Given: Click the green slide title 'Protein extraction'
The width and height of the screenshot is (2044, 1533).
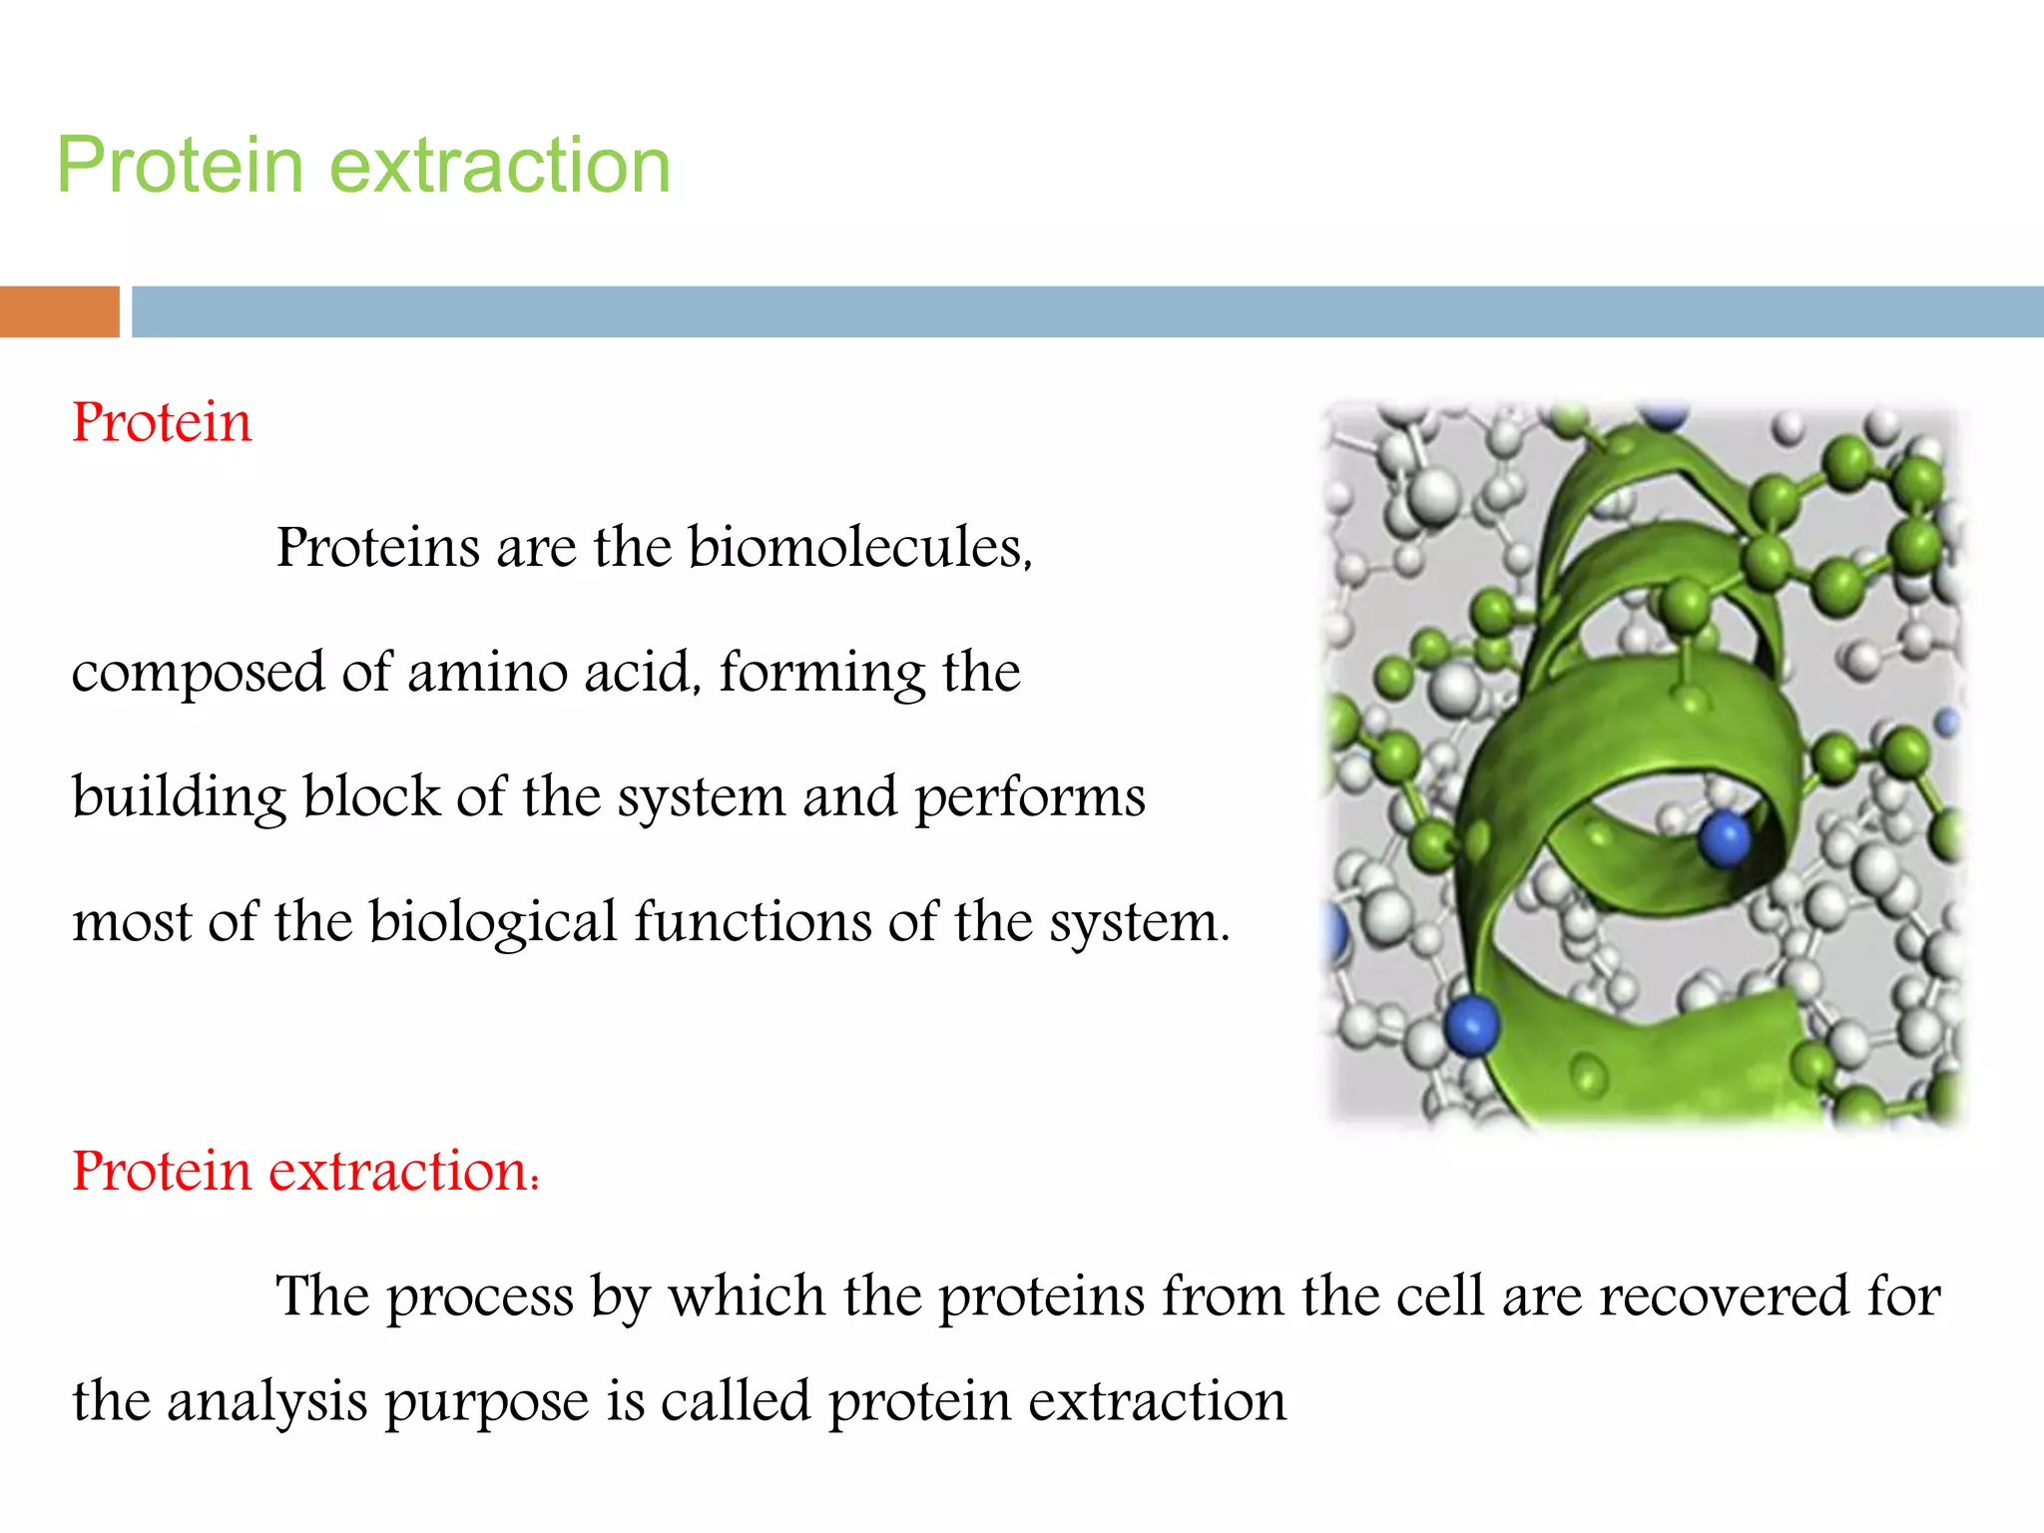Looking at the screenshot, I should tap(363, 165).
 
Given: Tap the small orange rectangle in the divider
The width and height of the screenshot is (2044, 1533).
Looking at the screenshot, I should tap(59, 311).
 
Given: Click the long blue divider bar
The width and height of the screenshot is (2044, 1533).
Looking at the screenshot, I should tap(1087, 311).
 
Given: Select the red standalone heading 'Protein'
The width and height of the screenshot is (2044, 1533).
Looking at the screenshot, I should tap(162, 422).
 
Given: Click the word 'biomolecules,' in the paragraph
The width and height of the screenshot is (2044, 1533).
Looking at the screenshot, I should tap(860, 548).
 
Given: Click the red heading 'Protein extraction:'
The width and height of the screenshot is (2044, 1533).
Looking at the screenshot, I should tap(305, 1171).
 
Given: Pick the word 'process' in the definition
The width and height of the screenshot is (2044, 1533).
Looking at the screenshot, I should tap(479, 1297).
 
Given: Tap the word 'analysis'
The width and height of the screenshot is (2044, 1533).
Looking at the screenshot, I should tap(267, 1402).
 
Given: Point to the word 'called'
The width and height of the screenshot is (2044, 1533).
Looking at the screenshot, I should tap(735, 1401).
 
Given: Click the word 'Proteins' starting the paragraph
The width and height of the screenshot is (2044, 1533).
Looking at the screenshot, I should tap(377, 548).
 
